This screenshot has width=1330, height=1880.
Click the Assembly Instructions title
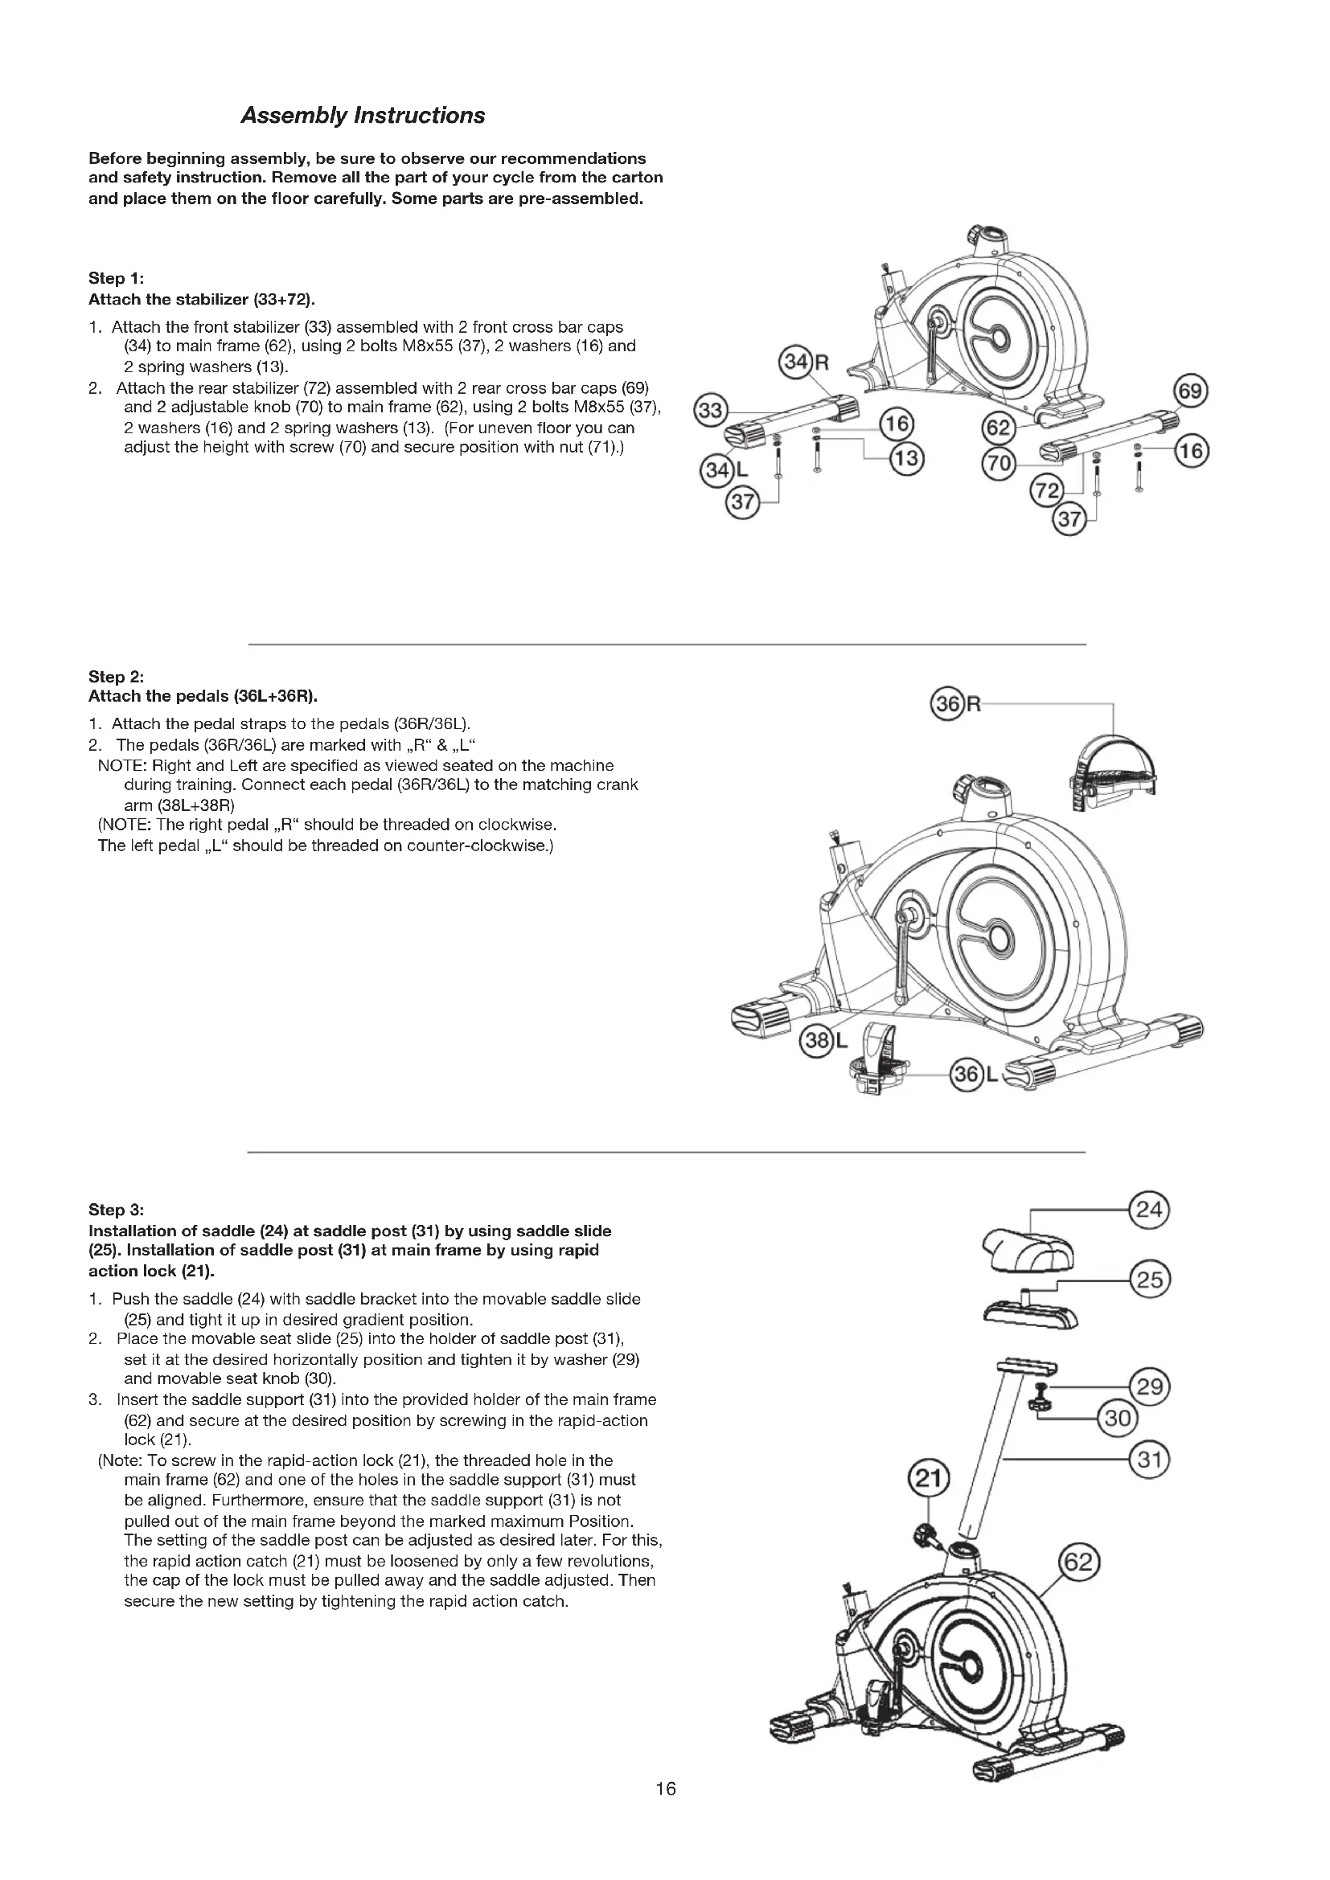(x=362, y=116)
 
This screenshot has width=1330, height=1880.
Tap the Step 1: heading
(x=117, y=278)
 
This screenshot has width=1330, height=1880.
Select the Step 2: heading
(x=117, y=676)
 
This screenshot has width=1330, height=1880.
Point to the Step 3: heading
(x=117, y=1210)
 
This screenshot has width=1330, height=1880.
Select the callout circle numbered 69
(x=1190, y=391)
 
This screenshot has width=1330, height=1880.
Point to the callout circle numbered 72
(x=1046, y=492)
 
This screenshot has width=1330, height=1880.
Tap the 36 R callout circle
(x=948, y=704)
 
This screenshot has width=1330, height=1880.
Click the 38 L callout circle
(x=815, y=1042)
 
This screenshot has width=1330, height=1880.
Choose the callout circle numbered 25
(x=1149, y=1280)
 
